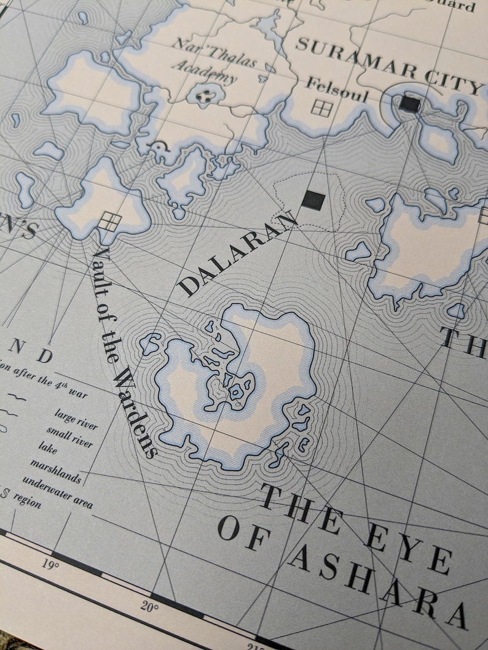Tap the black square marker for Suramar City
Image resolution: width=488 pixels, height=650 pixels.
409,104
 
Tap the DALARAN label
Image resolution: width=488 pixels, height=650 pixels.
240,252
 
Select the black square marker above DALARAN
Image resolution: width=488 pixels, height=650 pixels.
313,199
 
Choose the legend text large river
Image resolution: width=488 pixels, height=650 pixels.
76,419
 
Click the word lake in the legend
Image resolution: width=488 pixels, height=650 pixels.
46,450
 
